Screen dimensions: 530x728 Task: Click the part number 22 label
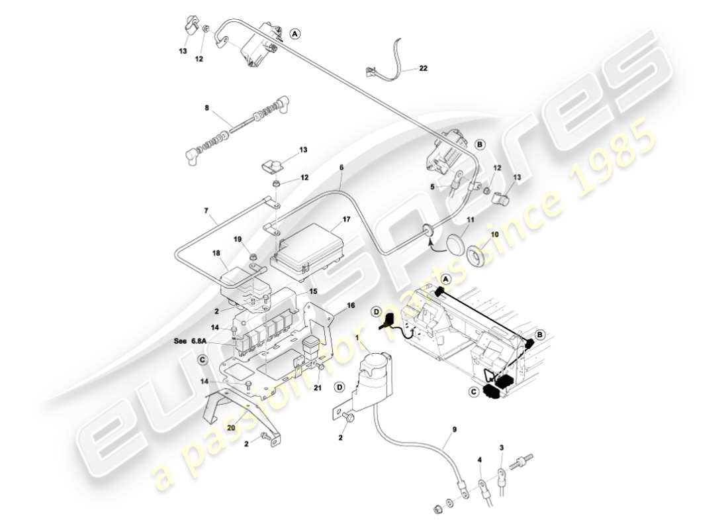[423, 68]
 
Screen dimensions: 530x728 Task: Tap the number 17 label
[346, 219]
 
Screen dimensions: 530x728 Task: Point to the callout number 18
[216, 253]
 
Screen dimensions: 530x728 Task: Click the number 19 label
[237, 239]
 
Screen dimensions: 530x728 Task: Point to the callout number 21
[318, 388]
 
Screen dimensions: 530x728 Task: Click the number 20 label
[230, 427]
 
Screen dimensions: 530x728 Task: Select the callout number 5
[432, 187]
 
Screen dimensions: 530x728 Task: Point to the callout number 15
[314, 291]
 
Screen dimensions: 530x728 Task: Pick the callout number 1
[358, 338]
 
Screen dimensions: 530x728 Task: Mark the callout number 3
[502, 448]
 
